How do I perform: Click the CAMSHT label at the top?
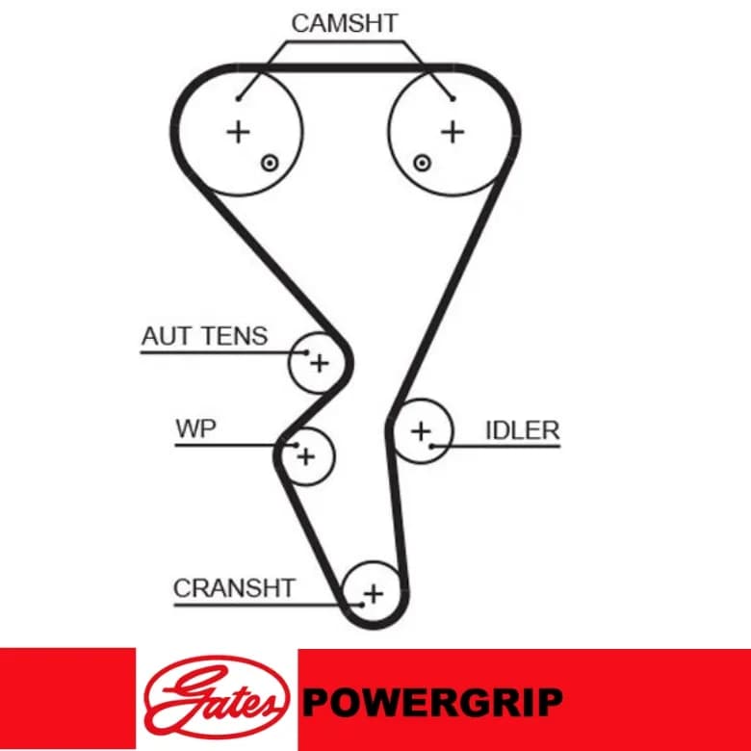tap(345, 23)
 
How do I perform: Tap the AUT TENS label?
tap(204, 336)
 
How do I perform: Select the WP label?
tap(195, 428)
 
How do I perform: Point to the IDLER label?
tap(523, 430)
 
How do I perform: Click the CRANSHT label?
tap(234, 587)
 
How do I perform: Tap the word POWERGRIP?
tap(432, 702)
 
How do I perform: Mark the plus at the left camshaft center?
tap(238, 132)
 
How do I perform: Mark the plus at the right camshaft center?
tap(453, 131)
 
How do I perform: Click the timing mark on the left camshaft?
tap(270, 164)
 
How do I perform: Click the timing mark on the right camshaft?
tap(422, 164)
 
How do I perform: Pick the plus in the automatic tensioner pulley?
tap(320, 363)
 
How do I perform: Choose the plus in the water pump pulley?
tap(306, 456)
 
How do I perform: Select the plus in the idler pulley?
tap(421, 431)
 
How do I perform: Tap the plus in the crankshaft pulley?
tap(374, 594)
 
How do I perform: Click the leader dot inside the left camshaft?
tap(238, 99)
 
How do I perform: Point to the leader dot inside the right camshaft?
tap(453, 99)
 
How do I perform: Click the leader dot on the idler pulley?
tap(431, 447)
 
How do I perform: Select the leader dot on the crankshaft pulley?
tap(362, 605)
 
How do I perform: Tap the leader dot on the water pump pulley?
tap(296, 446)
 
